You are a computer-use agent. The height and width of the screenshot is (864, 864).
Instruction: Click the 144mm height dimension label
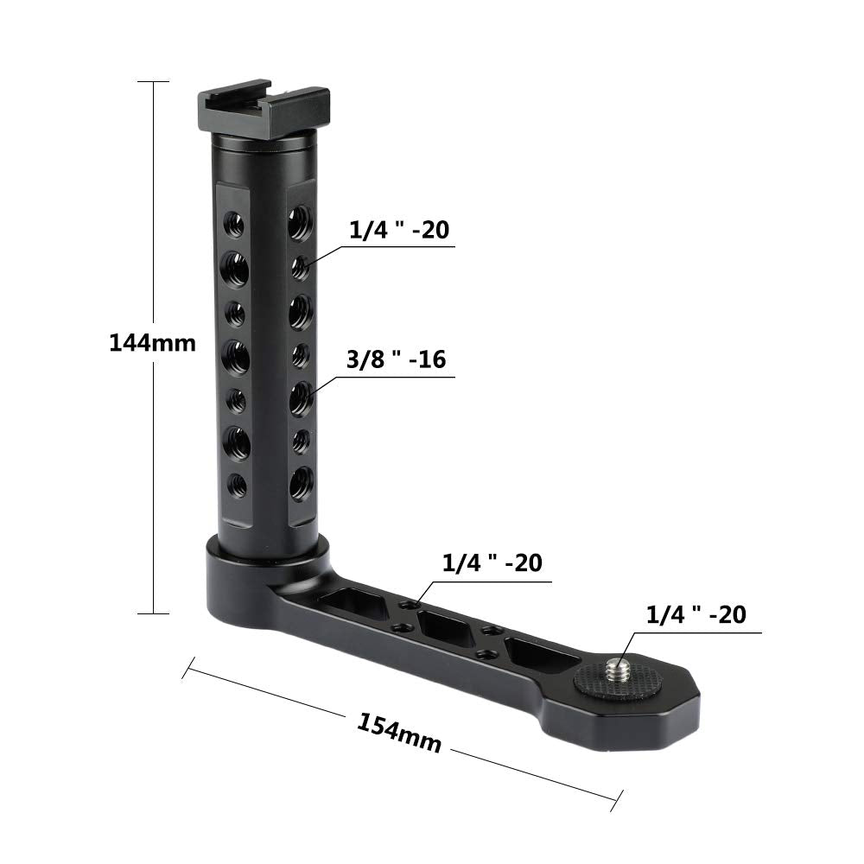pyautogui.click(x=152, y=343)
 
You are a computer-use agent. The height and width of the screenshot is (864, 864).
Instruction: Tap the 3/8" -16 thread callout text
pyautogui.click(x=397, y=360)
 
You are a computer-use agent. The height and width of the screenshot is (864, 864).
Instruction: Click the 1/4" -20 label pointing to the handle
pyautogui.click(x=399, y=230)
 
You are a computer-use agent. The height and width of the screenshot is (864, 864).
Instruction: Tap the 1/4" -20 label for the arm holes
pyautogui.click(x=492, y=563)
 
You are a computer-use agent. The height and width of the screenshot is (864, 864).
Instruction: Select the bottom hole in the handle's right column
pyautogui.click(x=301, y=482)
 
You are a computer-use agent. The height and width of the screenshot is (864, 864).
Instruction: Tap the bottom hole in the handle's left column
pyautogui.click(x=237, y=485)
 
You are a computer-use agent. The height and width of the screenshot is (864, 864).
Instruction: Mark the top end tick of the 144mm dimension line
pyautogui.click(x=154, y=82)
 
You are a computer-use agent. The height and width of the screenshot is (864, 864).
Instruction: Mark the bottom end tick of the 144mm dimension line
pyautogui.click(x=154, y=613)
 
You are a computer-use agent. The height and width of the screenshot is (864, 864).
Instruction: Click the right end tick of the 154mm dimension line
pyautogui.click(x=618, y=798)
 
